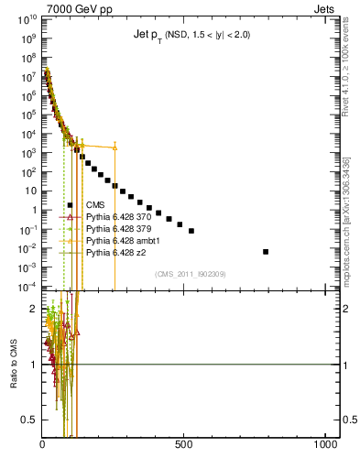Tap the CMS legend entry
(95, 204)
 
